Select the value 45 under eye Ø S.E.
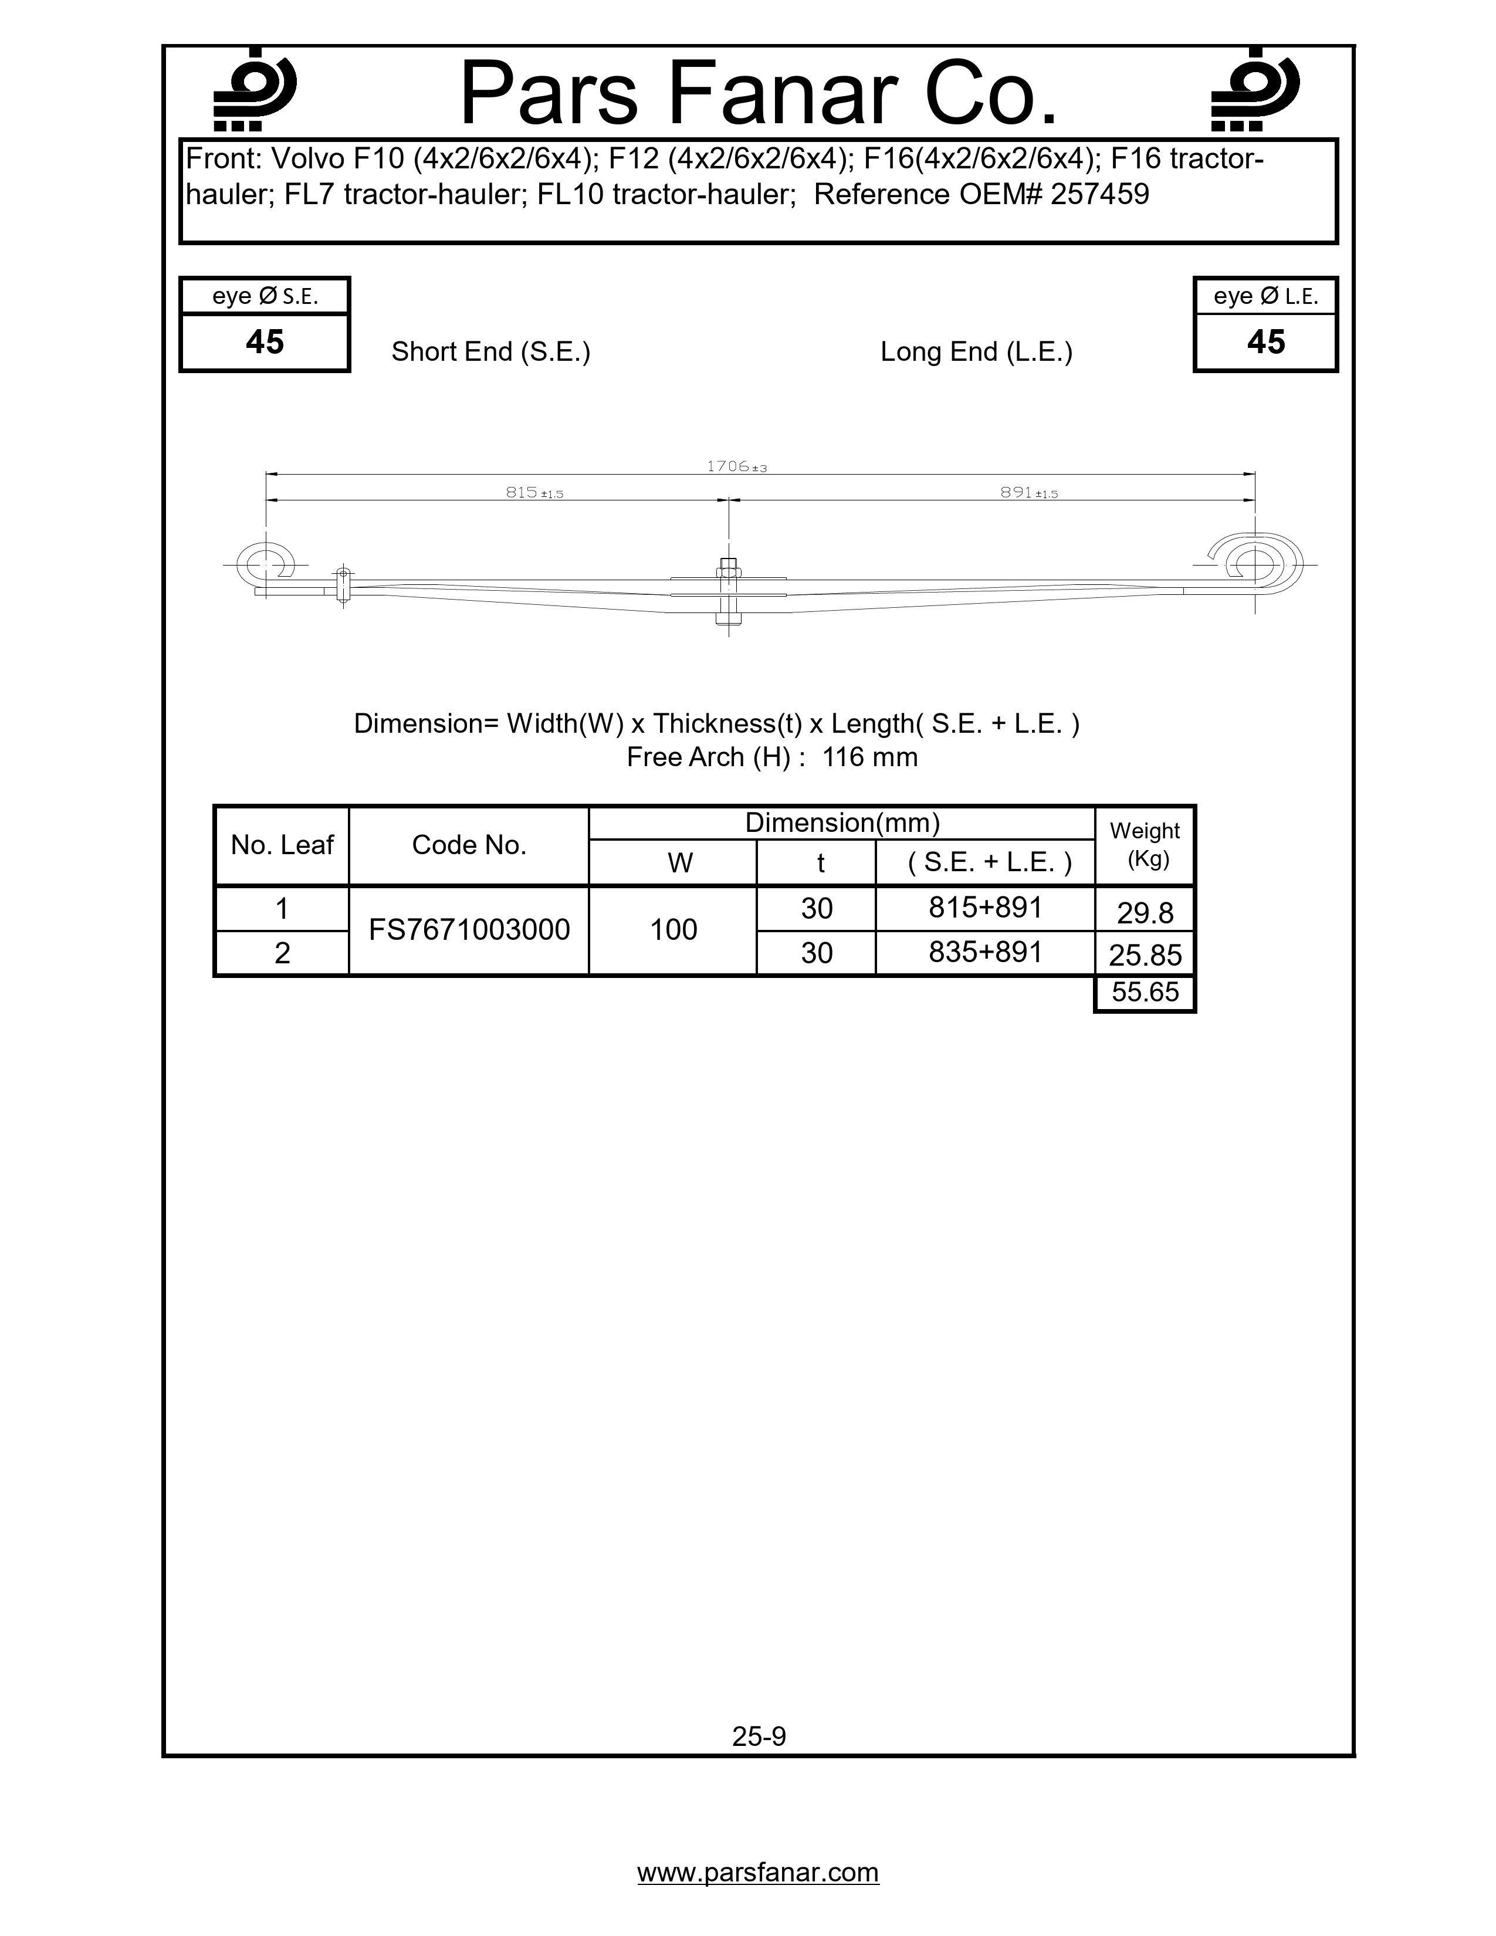pos(264,342)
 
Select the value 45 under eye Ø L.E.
pos(1265,342)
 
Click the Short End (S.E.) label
pos(490,352)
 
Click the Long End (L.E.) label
pos(976,352)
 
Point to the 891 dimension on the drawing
pos(1028,492)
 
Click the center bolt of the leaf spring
pos(727,592)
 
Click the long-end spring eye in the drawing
pos(1255,564)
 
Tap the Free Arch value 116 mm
pos(869,757)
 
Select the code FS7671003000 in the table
pos(469,930)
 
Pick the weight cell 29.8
pos(1145,912)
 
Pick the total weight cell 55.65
pos(1145,992)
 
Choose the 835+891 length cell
pos(984,952)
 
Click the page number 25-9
pos(759,1736)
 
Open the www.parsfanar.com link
pos(758,1872)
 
